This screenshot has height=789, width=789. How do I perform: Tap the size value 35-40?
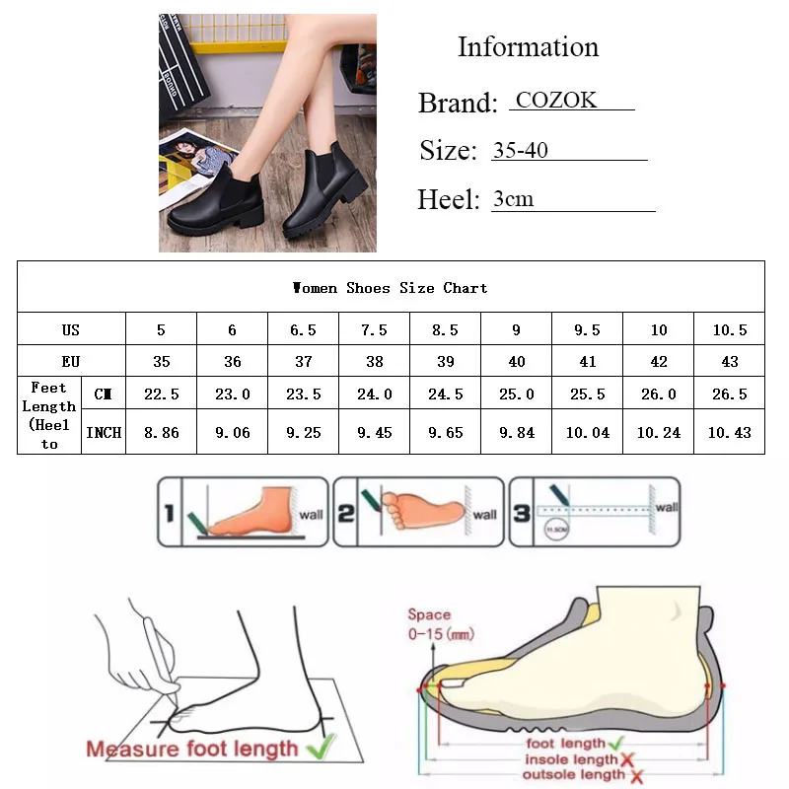pyautogui.click(x=520, y=150)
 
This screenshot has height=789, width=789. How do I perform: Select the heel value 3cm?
pyautogui.click(x=513, y=199)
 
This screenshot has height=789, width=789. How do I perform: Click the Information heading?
pyautogui.click(x=528, y=47)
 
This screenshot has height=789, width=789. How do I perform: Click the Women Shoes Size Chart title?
pyautogui.click(x=391, y=288)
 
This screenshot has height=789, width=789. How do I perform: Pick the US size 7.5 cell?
pyautogui.click(x=375, y=330)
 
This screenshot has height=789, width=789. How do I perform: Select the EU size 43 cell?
pyautogui.click(x=730, y=362)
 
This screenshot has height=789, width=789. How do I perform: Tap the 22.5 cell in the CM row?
pyautogui.click(x=162, y=394)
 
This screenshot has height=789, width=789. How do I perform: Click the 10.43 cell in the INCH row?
pyautogui.click(x=730, y=433)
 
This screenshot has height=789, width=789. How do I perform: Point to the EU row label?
pyautogui.click(x=71, y=362)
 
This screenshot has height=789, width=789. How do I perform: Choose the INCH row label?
pyautogui.click(x=104, y=433)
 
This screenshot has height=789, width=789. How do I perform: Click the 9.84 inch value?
pyautogui.click(x=517, y=433)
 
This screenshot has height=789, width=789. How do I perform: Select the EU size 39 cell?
pyautogui.click(x=446, y=362)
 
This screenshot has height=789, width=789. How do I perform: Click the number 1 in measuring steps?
pyautogui.click(x=171, y=512)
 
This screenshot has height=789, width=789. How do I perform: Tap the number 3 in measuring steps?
pyautogui.click(x=522, y=512)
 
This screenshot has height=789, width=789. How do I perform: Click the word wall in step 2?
pyautogui.click(x=484, y=515)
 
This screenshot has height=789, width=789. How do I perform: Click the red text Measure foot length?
pyautogui.click(x=191, y=748)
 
